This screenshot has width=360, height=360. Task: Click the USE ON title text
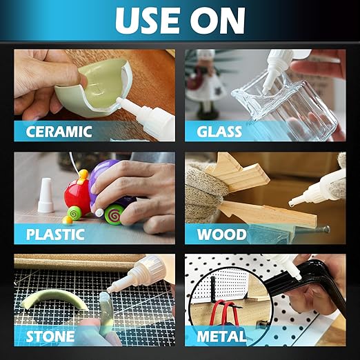(180, 21)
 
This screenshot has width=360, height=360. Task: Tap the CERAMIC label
(59, 132)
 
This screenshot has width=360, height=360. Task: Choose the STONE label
(50, 337)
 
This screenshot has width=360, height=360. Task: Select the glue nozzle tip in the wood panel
(292, 203)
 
